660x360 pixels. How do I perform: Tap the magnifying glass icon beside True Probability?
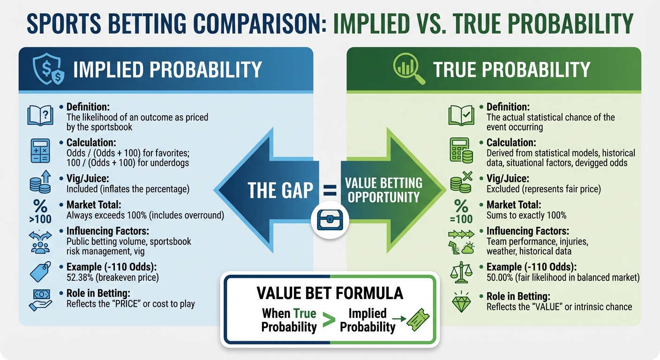coord(406,70)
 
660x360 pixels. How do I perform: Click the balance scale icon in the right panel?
coord(460,272)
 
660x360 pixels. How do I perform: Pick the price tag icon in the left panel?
coord(40,272)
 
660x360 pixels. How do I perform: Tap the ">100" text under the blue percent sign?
coord(40,219)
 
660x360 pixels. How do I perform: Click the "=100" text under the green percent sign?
coord(461,219)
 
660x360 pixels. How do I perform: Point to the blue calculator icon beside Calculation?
coord(40,150)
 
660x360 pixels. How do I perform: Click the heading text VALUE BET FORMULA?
coord(330,293)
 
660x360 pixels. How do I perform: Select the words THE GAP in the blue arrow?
coord(280,191)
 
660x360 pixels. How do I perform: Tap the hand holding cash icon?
coord(40,300)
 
